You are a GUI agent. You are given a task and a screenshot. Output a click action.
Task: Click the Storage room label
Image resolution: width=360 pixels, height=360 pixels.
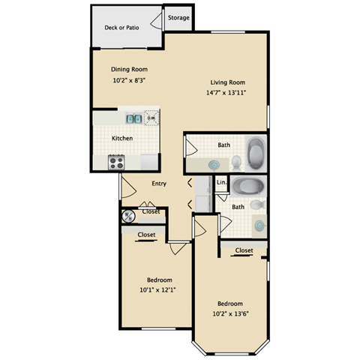178,17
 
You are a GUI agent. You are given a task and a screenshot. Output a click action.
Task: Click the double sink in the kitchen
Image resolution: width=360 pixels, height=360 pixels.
134,118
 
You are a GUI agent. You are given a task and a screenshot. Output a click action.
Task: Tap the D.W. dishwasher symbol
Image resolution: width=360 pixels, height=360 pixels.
151,117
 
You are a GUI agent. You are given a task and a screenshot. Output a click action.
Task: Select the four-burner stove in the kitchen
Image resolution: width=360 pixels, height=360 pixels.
117,160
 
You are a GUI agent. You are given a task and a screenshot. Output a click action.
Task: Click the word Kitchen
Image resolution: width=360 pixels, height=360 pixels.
123,139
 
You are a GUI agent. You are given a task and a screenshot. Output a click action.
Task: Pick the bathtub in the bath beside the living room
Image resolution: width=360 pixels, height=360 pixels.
256,154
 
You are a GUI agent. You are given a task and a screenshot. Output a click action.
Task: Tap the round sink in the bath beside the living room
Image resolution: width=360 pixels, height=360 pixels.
214,164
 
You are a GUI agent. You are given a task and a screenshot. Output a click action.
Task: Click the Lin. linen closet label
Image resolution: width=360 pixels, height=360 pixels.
221,183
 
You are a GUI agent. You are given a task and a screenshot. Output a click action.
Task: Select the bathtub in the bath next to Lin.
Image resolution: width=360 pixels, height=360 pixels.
247,187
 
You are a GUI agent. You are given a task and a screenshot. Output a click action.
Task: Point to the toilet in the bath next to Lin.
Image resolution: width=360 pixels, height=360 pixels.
257,204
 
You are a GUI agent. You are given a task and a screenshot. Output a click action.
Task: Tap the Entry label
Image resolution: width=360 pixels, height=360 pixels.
159,184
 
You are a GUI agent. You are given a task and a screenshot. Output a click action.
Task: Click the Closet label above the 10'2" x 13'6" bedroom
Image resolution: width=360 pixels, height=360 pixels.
244,250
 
